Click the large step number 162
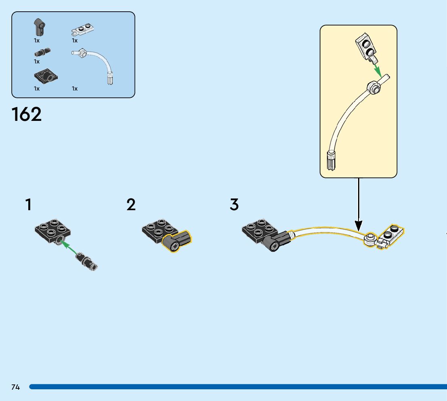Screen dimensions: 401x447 [x=27, y=114]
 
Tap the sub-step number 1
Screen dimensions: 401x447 [x=28, y=205]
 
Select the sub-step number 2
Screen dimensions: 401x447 [x=131, y=205]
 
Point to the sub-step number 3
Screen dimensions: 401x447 [x=234, y=205]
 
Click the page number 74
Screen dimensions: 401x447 [x=15, y=387]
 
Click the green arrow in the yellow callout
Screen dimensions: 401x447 [x=377, y=68]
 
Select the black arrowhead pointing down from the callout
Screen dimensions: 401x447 [x=358, y=225]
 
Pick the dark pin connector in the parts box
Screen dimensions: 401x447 [x=42, y=52]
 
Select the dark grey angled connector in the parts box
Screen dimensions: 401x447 [x=39, y=27]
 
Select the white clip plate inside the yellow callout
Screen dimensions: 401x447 [x=367, y=46]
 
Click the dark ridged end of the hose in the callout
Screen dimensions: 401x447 [x=331, y=160]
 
